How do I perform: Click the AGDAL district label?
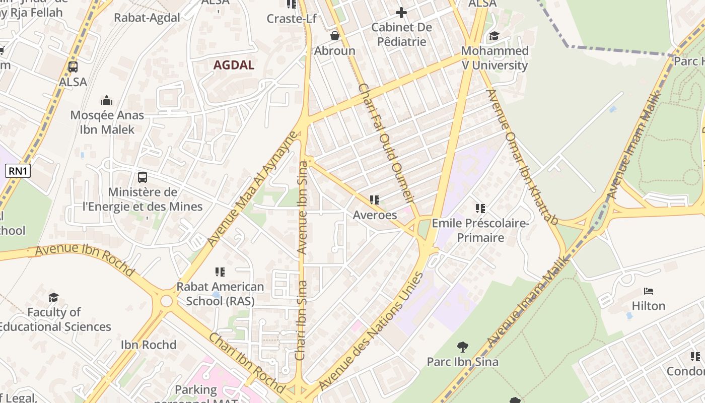coord(234,65)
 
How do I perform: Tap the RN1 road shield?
coord(18,171)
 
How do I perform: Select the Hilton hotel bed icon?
coord(649,291)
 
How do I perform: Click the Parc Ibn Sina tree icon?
coord(462,347)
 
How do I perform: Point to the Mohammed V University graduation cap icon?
coord(494,36)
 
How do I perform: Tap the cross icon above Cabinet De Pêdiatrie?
coord(401,12)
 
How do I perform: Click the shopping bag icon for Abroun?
coord(334,36)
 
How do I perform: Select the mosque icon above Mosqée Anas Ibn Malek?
coord(107,100)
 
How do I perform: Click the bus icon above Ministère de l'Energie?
coord(143,177)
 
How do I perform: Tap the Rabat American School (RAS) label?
coord(220,294)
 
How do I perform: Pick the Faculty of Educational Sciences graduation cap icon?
coord(54,298)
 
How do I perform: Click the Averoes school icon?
coord(374,200)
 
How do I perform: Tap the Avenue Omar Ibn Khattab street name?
coord(523,157)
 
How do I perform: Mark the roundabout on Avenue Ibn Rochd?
coord(166,301)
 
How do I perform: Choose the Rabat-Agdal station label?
coord(147,18)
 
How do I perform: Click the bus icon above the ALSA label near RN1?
coord(73,66)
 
